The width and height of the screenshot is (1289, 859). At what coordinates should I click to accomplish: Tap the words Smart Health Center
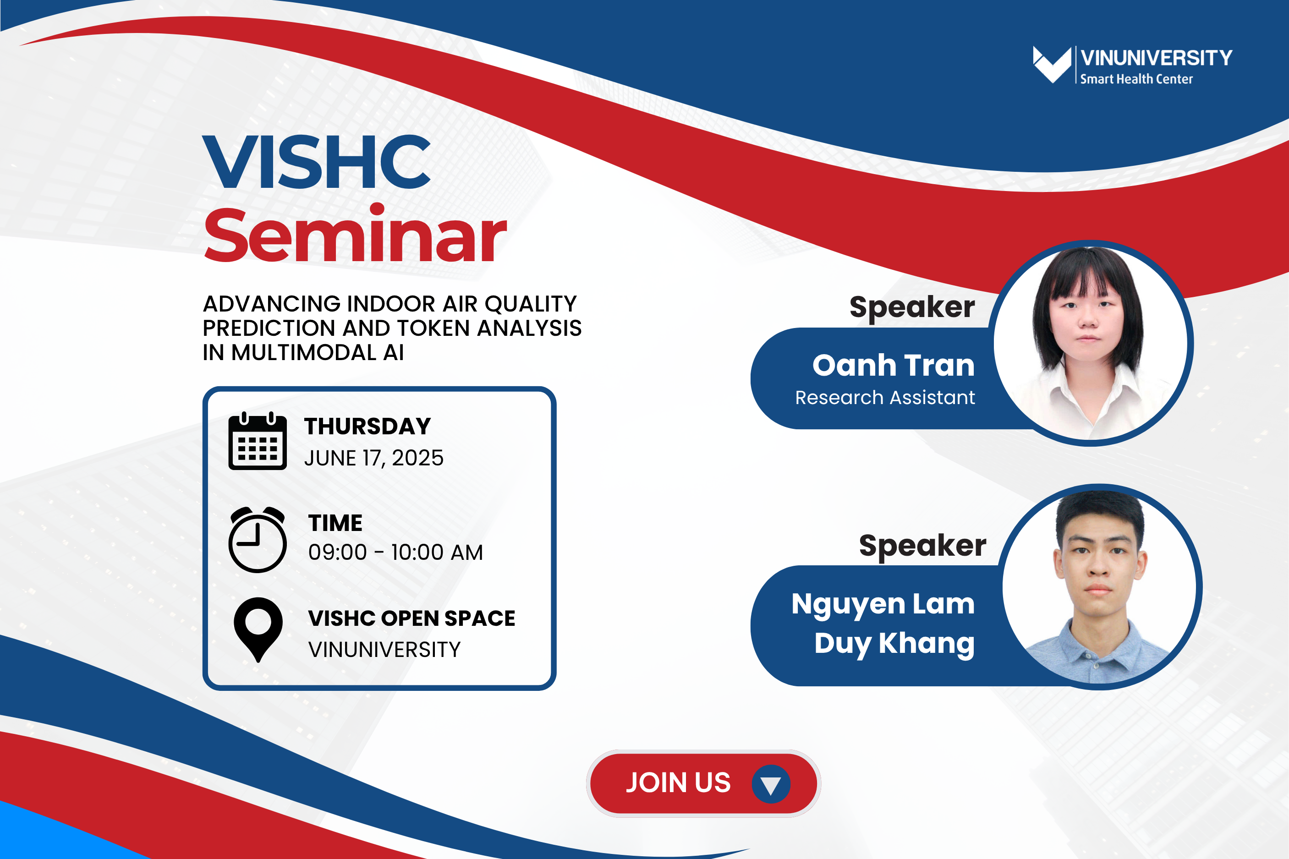(1136, 79)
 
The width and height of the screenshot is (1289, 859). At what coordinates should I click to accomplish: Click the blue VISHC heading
(317, 162)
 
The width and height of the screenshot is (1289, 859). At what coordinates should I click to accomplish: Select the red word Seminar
(355, 233)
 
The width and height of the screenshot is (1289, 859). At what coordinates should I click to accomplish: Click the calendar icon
(258, 441)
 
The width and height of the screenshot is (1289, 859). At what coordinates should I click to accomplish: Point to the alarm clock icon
(258, 540)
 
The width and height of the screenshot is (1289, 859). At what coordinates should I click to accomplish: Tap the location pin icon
(258, 629)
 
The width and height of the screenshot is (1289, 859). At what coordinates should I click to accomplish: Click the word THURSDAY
(368, 426)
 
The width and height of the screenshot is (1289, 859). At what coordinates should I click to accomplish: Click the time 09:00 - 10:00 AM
(395, 552)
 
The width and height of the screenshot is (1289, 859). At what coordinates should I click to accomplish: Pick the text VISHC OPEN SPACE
(411, 618)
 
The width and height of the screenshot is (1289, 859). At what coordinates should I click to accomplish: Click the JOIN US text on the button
(678, 782)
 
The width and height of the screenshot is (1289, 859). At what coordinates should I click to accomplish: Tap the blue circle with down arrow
(771, 784)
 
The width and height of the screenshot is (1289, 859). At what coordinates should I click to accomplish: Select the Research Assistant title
(885, 397)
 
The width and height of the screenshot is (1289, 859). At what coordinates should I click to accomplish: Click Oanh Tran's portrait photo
(1091, 344)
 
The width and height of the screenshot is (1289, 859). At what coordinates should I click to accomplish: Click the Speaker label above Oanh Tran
(912, 307)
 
